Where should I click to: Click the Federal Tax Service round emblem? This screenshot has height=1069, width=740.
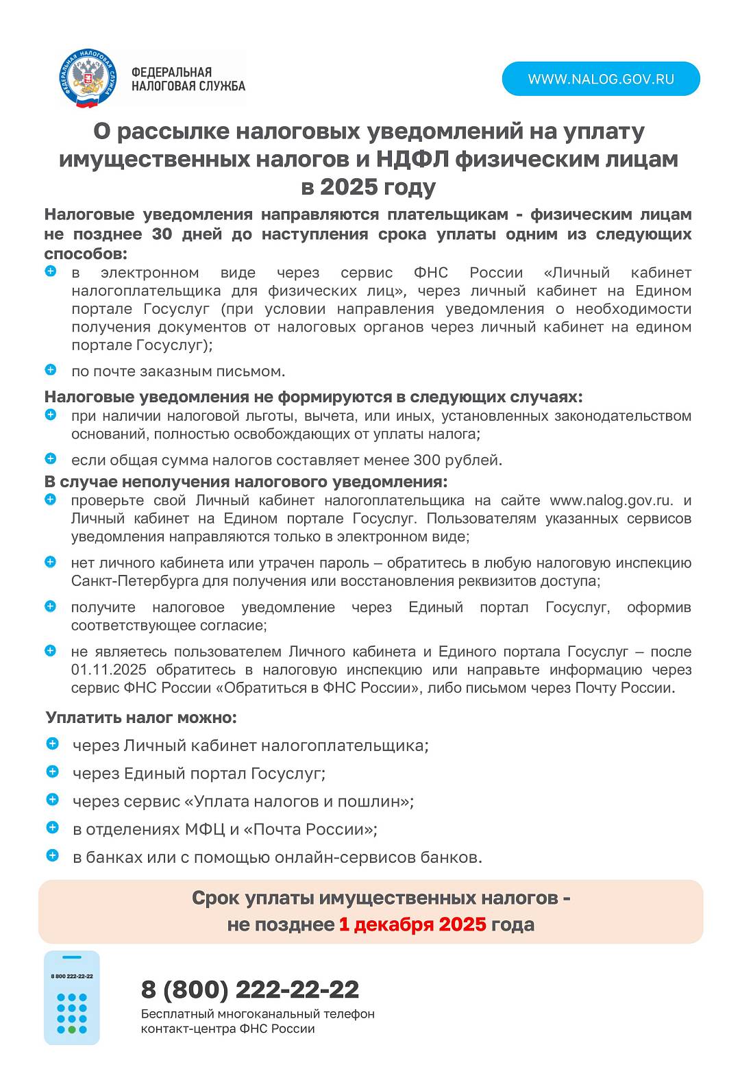(x=88, y=78)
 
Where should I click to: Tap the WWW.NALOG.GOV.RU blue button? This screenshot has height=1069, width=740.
(x=601, y=79)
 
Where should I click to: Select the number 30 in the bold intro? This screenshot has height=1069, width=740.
(x=162, y=234)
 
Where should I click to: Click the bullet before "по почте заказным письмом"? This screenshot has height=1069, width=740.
(x=51, y=370)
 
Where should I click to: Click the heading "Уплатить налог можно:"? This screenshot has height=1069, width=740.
(x=141, y=717)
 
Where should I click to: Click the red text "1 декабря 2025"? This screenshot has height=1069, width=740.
(x=412, y=924)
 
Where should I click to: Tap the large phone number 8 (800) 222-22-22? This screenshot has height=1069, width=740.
(x=250, y=990)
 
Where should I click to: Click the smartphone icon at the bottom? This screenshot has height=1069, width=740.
(x=72, y=997)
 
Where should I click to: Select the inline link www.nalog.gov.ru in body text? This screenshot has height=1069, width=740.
(x=611, y=500)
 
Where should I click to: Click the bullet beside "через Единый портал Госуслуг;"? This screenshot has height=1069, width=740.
(x=53, y=772)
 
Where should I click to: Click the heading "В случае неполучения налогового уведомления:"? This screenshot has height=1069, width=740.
(x=246, y=482)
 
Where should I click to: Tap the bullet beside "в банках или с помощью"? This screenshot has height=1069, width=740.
(x=53, y=855)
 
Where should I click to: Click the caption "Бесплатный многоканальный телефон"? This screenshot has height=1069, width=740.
(x=258, y=1013)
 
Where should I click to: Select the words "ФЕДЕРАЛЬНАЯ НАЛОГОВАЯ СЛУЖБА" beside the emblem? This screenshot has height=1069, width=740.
(x=188, y=79)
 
